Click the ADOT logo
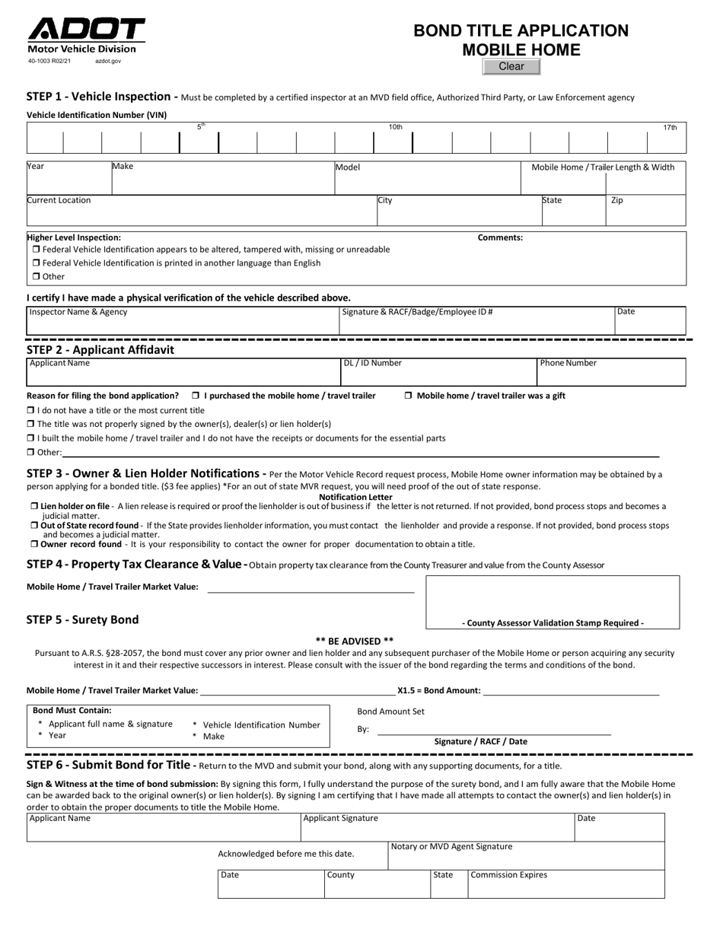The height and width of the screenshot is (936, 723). click(86, 30)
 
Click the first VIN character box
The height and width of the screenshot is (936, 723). click(44, 142)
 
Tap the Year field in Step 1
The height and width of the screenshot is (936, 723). click(68, 183)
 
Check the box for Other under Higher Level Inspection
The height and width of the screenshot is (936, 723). click(37, 277)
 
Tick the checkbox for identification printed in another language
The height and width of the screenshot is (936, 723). click(37, 263)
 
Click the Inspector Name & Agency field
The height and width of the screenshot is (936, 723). click(183, 325)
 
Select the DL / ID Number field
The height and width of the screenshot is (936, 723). click(438, 376)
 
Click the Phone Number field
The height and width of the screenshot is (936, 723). click(611, 376)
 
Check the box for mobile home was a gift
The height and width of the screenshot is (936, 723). click(409, 396)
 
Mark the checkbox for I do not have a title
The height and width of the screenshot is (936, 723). click(31, 410)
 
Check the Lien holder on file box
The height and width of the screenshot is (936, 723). click(35, 506)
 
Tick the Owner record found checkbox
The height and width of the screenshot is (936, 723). click(35, 545)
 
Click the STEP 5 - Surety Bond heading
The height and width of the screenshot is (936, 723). click(83, 619)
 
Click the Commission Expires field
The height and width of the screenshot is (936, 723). click(566, 887)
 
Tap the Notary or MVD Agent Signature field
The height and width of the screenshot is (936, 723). click(527, 858)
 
